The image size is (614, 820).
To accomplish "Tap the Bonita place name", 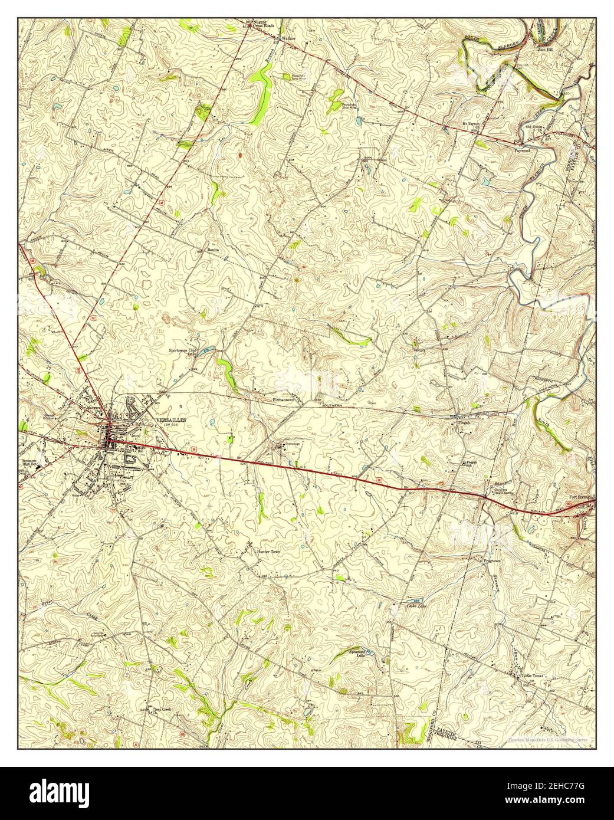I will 213,250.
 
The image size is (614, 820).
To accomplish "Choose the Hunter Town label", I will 269,552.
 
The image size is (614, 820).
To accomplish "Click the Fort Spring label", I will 580,497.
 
